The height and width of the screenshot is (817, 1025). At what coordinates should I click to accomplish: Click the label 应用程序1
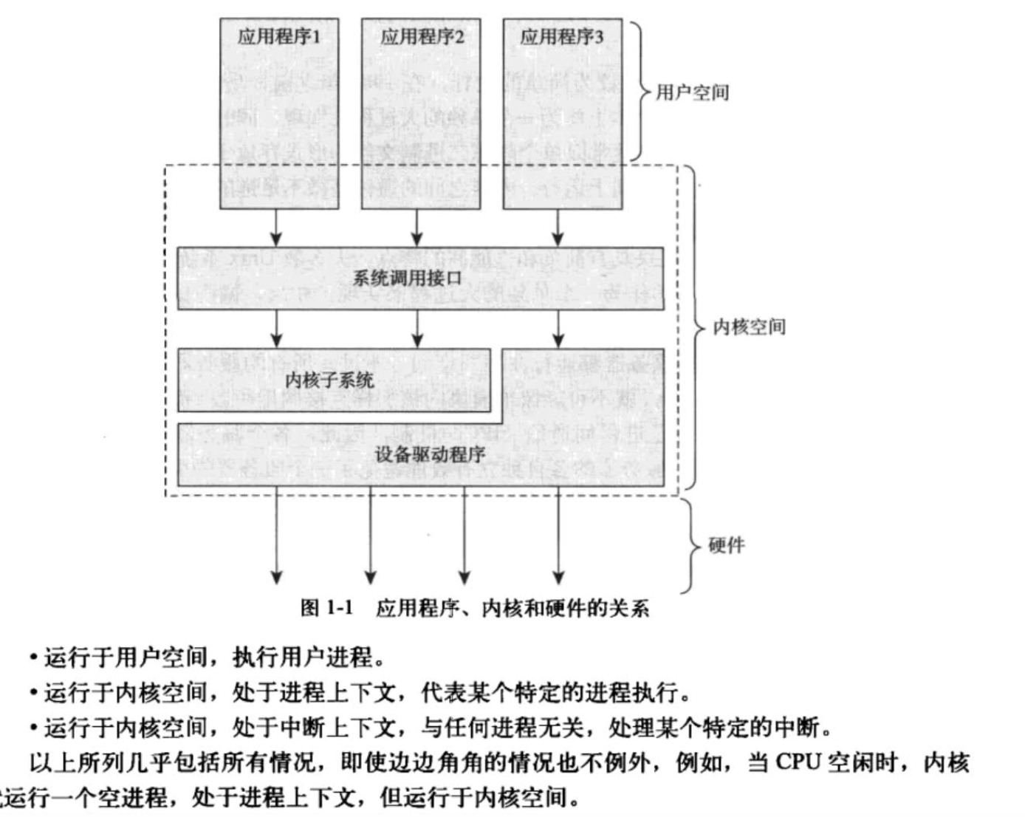tap(279, 36)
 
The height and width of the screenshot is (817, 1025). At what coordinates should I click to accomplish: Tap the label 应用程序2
tap(422, 36)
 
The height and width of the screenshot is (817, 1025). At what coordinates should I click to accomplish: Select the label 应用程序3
tap(562, 36)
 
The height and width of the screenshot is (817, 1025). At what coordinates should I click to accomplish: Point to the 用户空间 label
tap(692, 92)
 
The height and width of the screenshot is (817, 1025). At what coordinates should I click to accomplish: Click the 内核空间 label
tap(749, 327)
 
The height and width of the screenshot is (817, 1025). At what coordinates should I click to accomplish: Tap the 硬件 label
tap(727, 545)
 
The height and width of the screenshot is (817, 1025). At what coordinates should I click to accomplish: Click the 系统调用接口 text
tap(407, 278)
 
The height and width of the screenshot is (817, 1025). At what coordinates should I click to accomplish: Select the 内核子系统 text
tap(329, 380)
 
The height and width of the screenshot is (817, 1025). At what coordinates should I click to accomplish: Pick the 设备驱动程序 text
tap(430, 454)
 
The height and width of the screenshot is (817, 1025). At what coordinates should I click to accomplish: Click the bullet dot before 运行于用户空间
tap(34, 657)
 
